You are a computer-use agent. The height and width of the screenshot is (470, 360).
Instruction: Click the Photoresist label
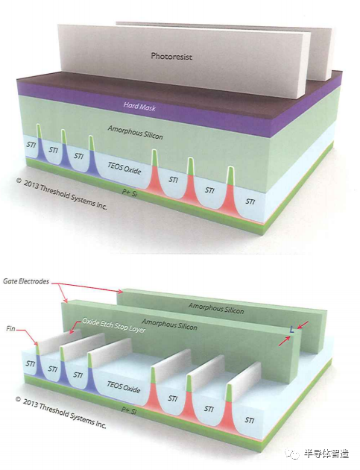click(171, 57)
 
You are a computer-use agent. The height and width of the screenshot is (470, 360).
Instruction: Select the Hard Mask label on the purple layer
click(139, 107)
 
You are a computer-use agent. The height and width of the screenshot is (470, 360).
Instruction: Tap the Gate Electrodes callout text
click(26, 281)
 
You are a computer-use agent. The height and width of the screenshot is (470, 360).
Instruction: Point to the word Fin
click(10, 329)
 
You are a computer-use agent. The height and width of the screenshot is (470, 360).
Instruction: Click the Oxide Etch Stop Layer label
click(114, 325)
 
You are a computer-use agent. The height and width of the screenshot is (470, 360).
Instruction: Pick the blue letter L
click(291, 330)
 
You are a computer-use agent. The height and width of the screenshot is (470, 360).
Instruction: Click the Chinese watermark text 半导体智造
click(326, 454)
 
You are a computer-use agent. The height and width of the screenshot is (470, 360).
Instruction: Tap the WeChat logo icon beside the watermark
click(293, 454)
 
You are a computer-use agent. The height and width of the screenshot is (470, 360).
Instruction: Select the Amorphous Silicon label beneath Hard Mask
click(136, 132)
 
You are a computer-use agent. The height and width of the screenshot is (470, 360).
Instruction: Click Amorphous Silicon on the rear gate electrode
click(216, 308)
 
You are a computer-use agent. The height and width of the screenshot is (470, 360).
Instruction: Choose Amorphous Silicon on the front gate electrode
click(169, 324)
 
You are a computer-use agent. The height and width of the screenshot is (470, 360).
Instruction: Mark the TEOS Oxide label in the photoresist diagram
click(124, 169)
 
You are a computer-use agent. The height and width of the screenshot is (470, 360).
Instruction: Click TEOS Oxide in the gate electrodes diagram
click(124, 387)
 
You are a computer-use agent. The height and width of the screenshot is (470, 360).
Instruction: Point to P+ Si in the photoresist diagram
click(130, 192)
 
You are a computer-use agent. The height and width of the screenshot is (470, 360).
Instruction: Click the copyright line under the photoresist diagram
click(61, 194)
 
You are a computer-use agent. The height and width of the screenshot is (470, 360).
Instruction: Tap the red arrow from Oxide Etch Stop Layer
click(75, 327)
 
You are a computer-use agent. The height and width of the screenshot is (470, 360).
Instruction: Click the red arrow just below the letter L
click(284, 341)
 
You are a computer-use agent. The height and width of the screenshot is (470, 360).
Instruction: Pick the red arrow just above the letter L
click(303, 325)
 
